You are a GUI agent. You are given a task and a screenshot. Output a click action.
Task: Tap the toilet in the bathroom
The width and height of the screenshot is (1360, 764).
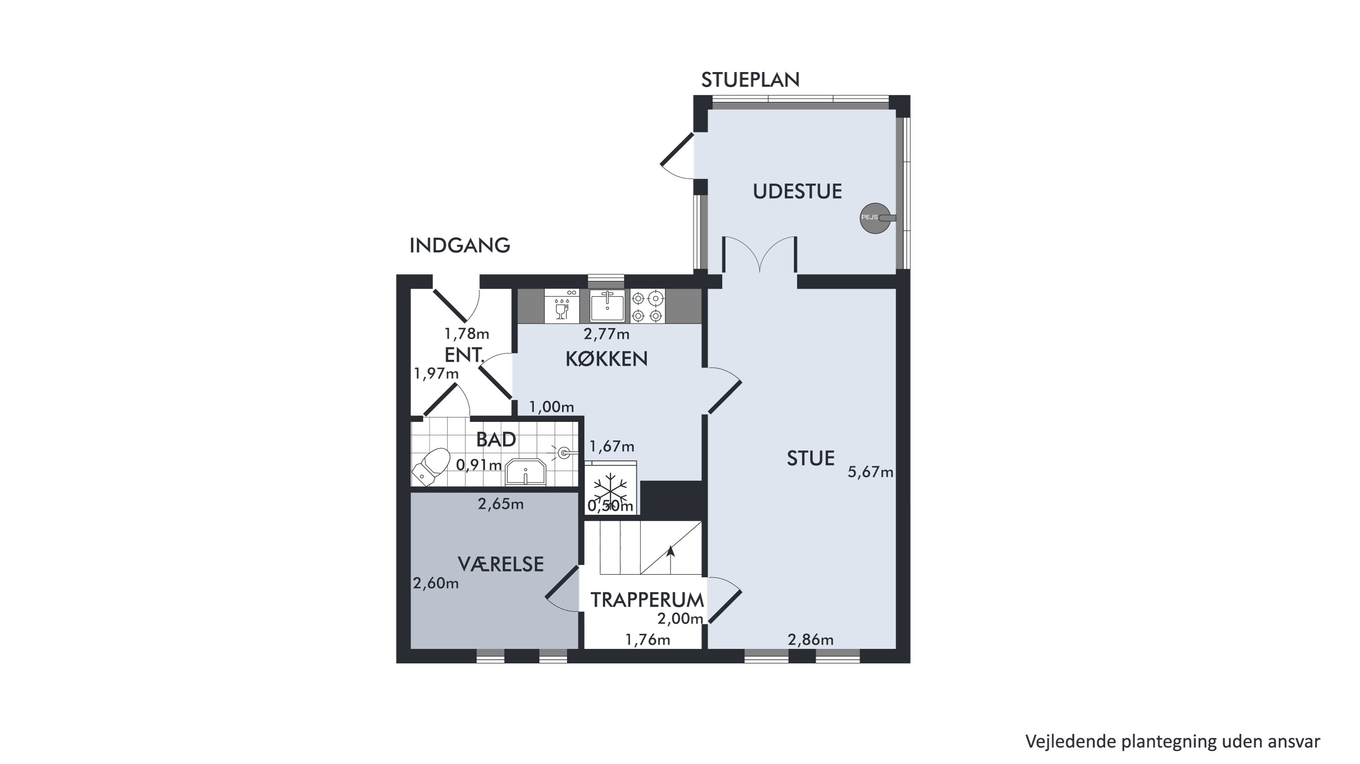pyautogui.click(x=430, y=466)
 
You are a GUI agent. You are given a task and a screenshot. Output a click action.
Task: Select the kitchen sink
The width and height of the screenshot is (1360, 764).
pyautogui.click(x=607, y=305)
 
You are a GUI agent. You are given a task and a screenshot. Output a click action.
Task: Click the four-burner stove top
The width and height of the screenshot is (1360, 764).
pyautogui.click(x=647, y=306)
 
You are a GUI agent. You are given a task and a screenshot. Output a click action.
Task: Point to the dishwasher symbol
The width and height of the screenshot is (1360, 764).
pyautogui.click(x=562, y=306)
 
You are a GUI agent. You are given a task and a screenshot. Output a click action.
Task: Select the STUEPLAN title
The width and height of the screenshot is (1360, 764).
pyautogui.click(x=750, y=80)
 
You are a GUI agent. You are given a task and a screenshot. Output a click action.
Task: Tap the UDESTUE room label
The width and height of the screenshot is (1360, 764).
pyautogui.click(x=797, y=192)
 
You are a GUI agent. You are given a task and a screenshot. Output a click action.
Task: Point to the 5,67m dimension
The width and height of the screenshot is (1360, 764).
pyautogui.click(x=871, y=472)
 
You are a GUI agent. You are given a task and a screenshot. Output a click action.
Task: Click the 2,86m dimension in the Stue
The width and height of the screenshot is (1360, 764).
pyautogui.click(x=811, y=640)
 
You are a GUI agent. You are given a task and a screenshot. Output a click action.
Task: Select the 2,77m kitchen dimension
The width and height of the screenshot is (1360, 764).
pyautogui.click(x=607, y=334)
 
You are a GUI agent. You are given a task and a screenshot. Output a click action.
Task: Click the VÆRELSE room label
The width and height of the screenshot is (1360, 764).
pyautogui.click(x=501, y=565)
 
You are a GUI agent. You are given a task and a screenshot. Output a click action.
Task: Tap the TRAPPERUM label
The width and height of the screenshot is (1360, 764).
pyautogui.click(x=647, y=600)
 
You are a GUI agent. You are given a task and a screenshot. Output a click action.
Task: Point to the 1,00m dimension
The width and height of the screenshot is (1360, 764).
pyautogui.click(x=552, y=407)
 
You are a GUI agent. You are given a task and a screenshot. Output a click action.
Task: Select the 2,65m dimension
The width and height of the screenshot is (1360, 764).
pyautogui.click(x=501, y=504)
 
